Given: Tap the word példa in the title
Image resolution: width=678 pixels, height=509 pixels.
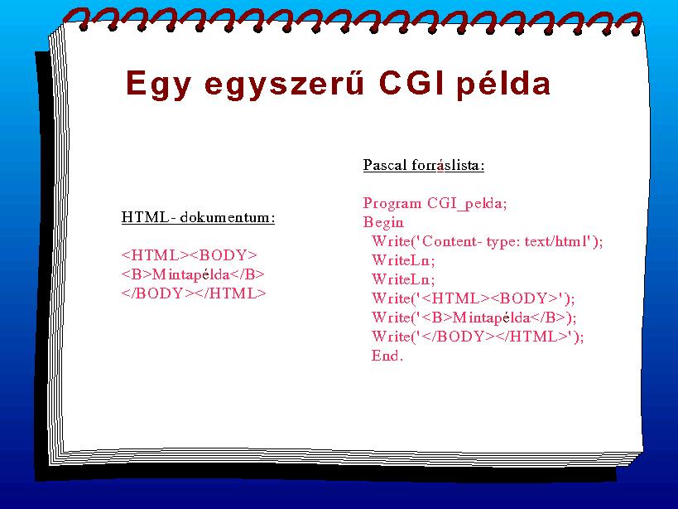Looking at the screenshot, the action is point(504,85).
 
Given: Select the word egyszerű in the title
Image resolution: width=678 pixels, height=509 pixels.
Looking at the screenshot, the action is point(284,85).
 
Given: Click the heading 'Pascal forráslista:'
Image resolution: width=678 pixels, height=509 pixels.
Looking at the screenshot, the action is point(424,165).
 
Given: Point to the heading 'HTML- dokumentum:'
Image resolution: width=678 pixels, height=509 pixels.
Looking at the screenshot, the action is point(198,217).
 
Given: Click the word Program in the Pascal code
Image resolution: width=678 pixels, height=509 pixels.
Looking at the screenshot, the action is point(392,204).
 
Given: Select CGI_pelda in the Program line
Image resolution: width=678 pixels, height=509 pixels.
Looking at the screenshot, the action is point(467,203).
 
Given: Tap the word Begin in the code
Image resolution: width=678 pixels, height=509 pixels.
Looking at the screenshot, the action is point(383,222).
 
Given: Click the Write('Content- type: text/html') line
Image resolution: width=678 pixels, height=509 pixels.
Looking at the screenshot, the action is point(488,241).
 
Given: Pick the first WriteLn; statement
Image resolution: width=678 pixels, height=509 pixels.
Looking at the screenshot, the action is point(403,260).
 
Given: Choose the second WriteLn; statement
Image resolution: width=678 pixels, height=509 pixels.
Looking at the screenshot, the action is point(403,279).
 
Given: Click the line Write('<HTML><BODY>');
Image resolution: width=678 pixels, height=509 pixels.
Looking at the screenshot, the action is point(473,298).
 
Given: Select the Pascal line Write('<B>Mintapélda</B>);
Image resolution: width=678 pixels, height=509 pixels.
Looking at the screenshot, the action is point(474,318).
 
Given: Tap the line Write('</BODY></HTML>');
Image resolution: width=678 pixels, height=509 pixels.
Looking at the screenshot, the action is point(478,337).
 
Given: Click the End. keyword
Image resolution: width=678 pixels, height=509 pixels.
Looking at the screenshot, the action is point(387,356).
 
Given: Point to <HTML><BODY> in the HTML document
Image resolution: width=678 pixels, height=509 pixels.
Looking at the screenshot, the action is point(190,255).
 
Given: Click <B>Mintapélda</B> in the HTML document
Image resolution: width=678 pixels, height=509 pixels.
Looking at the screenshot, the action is point(193,274).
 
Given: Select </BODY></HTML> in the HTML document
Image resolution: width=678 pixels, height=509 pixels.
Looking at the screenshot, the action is point(194,293).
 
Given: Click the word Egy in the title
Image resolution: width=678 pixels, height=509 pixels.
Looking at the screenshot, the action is point(158,85).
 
